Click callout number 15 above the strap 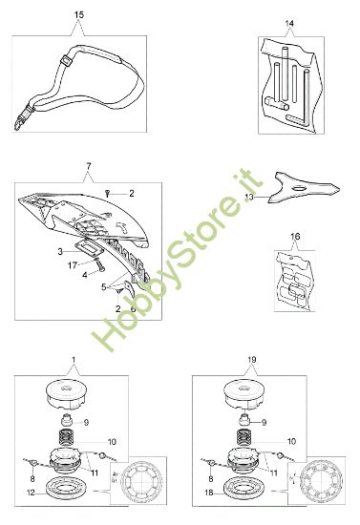(78, 16)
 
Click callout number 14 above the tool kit (291, 20)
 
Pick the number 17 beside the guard (71, 266)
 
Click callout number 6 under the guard (133, 309)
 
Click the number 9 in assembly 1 (113, 423)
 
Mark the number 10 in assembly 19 (290, 443)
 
